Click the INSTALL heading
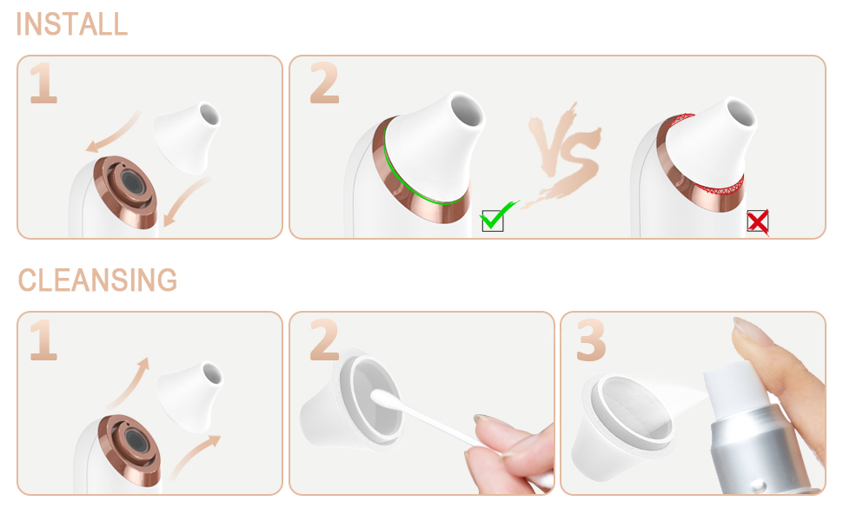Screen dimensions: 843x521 (72, 24)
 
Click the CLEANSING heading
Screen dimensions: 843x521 (98, 280)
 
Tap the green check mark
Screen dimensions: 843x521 (498, 214)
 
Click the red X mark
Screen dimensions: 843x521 (758, 221)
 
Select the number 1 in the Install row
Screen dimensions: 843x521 (43, 82)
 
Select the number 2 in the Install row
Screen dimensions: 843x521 (325, 82)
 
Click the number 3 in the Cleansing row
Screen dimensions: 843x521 (591, 340)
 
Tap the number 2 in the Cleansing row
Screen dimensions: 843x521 (325, 340)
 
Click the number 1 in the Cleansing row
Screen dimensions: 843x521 (43, 340)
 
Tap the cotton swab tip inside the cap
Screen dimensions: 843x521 (382, 399)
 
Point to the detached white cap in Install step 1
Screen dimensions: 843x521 (187, 137)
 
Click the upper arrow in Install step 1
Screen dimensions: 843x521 (112, 133)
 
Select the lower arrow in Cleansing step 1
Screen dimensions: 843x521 (195, 456)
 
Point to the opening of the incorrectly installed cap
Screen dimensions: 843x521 (740, 114)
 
